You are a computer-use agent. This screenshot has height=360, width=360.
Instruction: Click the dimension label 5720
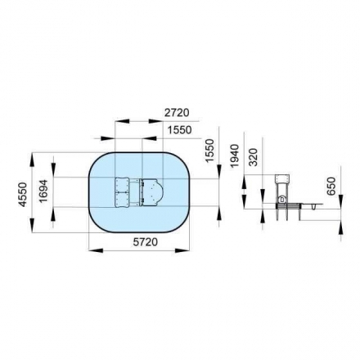[x=146, y=241]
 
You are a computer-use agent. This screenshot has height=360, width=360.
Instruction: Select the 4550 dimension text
[x=24, y=195]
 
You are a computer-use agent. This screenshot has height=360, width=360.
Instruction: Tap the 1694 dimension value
[x=43, y=191]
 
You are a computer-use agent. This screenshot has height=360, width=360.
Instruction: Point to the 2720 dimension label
[x=177, y=112]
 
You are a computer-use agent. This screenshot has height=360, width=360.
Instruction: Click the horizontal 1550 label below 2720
[x=179, y=130]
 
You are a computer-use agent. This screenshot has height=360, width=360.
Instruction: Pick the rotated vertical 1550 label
[x=209, y=151]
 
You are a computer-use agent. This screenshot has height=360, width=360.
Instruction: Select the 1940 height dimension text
[x=234, y=156]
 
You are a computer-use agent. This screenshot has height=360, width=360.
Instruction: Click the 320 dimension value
[x=254, y=157]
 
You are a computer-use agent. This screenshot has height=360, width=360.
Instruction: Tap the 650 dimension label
[x=331, y=186]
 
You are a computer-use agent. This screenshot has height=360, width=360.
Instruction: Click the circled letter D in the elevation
[x=282, y=200]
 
